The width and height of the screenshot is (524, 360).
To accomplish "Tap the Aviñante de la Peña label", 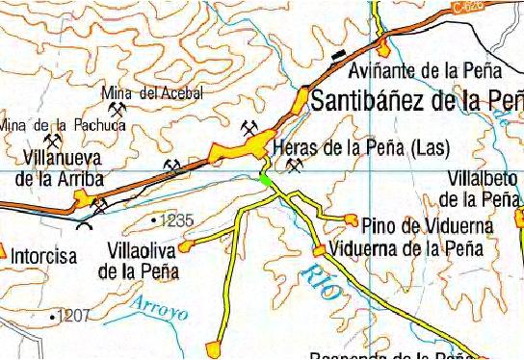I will pos(425,70).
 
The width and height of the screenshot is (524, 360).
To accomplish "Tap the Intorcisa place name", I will pos(43,257).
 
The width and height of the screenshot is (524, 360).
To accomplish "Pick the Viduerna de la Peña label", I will pos(405,246).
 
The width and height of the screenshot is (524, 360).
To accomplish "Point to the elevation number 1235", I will pos(177,220).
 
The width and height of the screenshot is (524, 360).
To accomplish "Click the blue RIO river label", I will pos(319,282).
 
